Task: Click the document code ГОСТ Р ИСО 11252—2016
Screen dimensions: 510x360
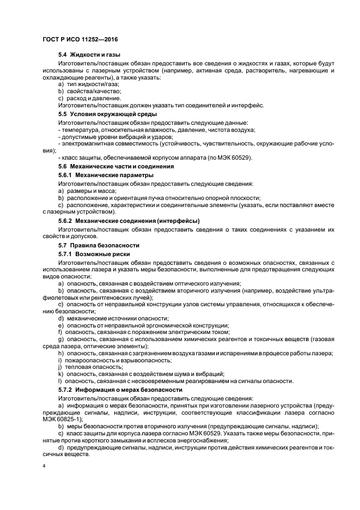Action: [80, 39]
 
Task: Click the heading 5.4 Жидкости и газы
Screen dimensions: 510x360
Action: [89, 55]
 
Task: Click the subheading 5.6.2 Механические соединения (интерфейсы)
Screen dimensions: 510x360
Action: [129, 221]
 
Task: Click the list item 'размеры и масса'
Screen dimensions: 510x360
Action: [87, 191]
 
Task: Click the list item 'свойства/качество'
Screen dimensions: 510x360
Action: [89, 91]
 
